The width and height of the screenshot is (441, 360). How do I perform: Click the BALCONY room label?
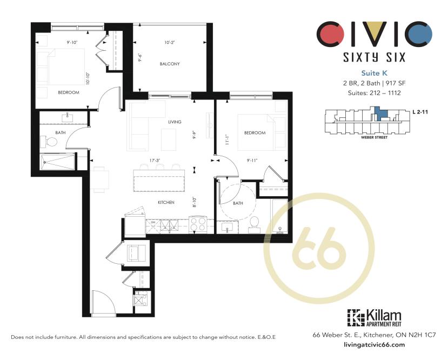click(169, 64)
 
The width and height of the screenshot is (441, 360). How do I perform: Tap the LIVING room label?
click(174, 122)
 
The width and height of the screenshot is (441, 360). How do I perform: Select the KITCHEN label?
click(166, 202)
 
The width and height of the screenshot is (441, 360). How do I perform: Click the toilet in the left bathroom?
click(51, 142)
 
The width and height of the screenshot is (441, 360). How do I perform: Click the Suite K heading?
click(375, 72)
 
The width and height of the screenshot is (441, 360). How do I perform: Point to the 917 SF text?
click(398, 83)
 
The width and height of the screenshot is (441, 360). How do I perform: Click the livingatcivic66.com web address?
click(375, 344)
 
